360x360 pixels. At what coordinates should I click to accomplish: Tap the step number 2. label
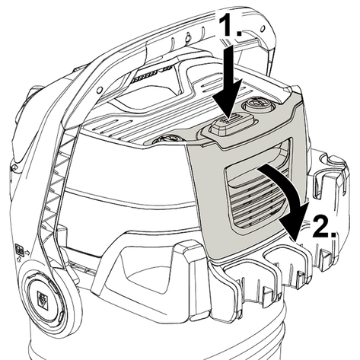(x=323, y=226)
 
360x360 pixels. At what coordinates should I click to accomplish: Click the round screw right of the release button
(x=256, y=105)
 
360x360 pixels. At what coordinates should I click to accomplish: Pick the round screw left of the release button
(x=167, y=140)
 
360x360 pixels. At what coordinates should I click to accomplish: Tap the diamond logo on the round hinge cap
(x=43, y=298)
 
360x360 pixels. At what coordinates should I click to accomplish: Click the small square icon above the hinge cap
(x=19, y=250)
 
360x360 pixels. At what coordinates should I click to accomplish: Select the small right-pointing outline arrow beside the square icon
(x=27, y=253)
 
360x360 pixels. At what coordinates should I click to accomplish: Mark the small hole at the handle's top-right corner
(x=263, y=27)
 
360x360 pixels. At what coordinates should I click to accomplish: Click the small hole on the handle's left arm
(x=100, y=89)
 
